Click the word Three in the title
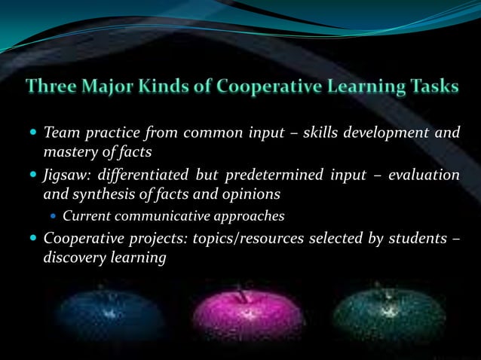pos(52,87)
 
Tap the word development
pos(393,134)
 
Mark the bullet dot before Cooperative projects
pos(34,239)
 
